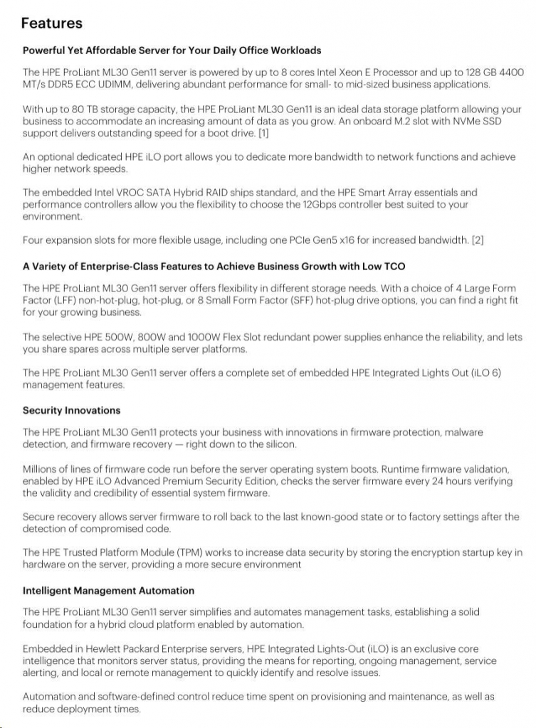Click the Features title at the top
[x=52, y=23]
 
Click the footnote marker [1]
[x=263, y=134]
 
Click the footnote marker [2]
[x=478, y=241]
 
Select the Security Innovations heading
[x=71, y=410]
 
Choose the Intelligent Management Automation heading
[x=108, y=591]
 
